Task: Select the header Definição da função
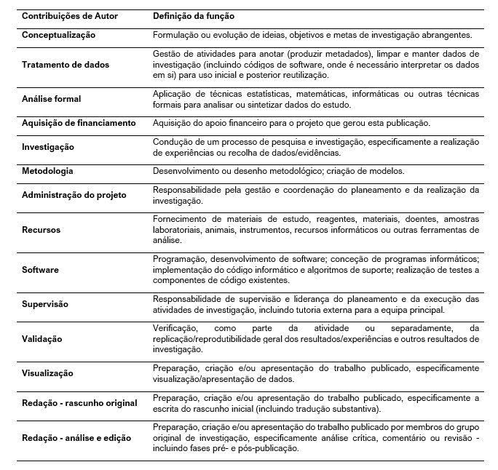point(194,15)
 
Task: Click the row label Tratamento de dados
point(66,65)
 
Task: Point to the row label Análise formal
point(52,98)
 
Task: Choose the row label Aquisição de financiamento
point(79,123)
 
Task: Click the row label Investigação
point(48,147)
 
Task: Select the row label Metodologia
point(48,171)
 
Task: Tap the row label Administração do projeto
point(74,195)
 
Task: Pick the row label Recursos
point(41,230)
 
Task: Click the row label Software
point(41,270)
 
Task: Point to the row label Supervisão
point(47,305)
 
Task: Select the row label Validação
point(42,339)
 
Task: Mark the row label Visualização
point(48,373)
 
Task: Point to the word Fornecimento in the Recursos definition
point(178,219)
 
